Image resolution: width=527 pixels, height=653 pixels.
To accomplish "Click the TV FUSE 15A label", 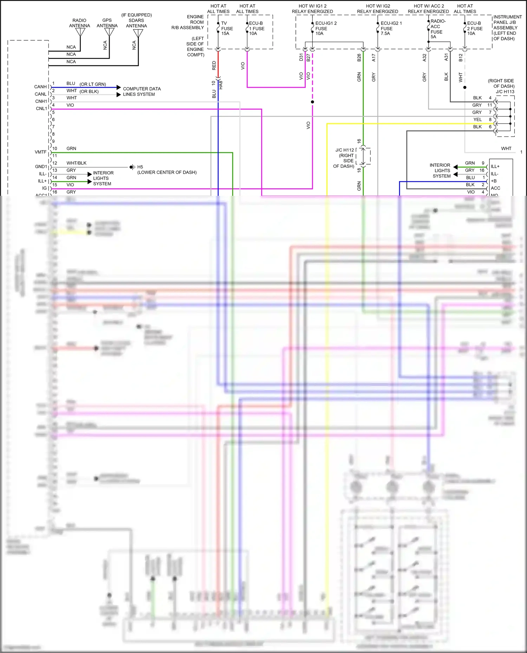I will coord(227,28).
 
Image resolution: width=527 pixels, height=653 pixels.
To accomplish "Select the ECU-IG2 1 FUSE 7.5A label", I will coord(391,28).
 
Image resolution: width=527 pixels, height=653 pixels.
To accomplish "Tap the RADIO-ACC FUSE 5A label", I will coord(437,29).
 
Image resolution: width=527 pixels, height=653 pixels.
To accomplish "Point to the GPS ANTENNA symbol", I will coord(110,32).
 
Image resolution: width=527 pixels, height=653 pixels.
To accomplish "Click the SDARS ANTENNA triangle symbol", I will coord(138,33).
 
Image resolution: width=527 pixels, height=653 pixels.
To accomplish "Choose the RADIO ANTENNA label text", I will coord(79,23).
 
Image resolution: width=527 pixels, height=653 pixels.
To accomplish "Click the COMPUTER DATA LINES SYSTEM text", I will coord(142,92).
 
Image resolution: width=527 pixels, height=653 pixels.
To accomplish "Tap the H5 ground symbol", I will coord(132,167).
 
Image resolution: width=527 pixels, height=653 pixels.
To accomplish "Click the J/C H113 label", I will coord(505,92).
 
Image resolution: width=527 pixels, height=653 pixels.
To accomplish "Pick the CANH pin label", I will coord(40,87).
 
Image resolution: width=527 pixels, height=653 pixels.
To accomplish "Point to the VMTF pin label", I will coord(40,152).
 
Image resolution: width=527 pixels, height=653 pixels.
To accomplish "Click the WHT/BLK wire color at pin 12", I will coord(76,163).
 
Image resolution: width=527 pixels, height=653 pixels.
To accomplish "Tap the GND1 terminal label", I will coord(41,167).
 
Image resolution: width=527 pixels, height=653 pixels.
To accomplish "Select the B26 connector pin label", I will coord(359,58).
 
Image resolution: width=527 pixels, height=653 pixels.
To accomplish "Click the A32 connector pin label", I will coord(424,58).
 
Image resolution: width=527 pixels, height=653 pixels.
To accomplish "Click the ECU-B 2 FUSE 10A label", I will coord(474,28).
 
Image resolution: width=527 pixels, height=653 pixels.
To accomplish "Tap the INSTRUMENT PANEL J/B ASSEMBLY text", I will coord(507,27).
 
